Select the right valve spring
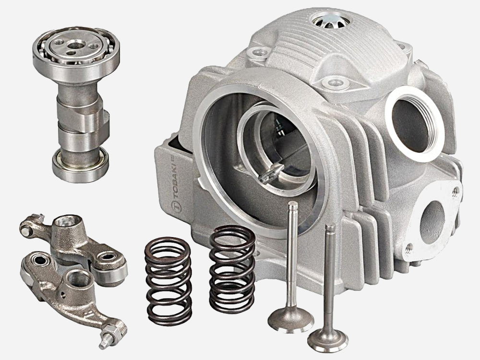coord(232,269)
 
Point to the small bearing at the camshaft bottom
coord(80,165)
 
